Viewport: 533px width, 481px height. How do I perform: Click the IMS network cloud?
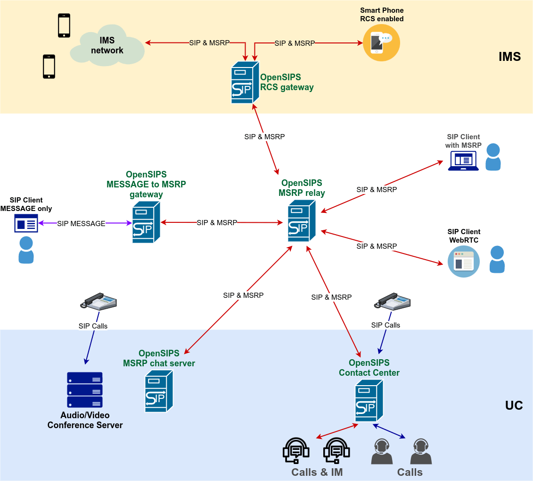pyautogui.click(x=107, y=47)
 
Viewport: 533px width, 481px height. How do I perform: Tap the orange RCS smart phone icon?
pyautogui.click(x=381, y=43)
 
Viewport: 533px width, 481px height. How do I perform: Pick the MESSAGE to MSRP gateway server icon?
pyautogui.click(x=146, y=222)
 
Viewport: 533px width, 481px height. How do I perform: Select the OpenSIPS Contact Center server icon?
pyautogui.click(x=369, y=401)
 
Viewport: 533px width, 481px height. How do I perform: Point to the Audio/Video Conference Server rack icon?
pyautogui.click(x=85, y=390)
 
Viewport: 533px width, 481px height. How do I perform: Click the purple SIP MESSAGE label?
pyautogui.click(x=81, y=224)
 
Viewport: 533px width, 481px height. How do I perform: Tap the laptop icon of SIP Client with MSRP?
pyautogui.click(x=463, y=161)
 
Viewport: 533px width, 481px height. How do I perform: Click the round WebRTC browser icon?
pyautogui.click(x=463, y=262)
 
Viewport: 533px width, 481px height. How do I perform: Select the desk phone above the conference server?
pyautogui.click(x=98, y=302)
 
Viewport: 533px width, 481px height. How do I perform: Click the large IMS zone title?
pyautogui.click(x=509, y=57)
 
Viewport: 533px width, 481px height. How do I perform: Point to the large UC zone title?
pyautogui.click(x=514, y=405)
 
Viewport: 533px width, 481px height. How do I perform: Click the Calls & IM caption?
pyautogui.click(x=317, y=472)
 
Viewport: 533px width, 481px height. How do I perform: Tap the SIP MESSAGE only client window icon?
pyautogui.click(x=26, y=223)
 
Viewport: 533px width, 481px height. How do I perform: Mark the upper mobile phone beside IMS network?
pyautogui.click(x=64, y=25)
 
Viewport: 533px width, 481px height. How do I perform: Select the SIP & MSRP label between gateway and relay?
pyautogui.click(x=217, y=222)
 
